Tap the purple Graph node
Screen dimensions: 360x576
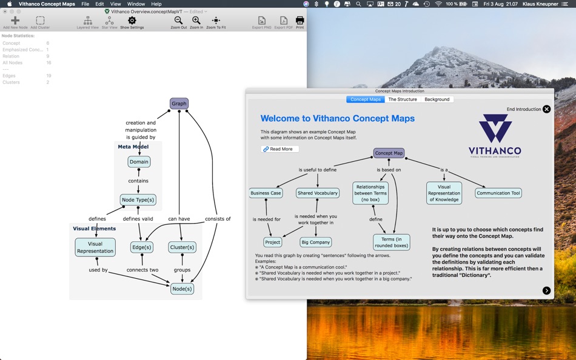click(179, 104)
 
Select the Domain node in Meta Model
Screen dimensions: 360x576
click(139, 162)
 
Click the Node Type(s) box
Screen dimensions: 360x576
click(138, 199)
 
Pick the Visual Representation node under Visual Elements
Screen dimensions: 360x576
click(95, 247)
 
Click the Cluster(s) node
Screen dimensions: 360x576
click(182, 247)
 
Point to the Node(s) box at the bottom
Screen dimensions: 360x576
click(182, 288)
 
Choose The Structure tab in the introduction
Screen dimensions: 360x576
click(403, 99)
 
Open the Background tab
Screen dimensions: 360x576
click(437, 99)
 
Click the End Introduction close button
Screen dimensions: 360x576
click(546, 109)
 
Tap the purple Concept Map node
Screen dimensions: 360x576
click(389, 153)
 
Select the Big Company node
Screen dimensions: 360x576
click(316, 242)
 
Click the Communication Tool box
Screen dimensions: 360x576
click(498, 193)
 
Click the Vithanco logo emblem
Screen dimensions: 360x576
click(495, 128)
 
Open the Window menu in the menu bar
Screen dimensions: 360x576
click(136, 4)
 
